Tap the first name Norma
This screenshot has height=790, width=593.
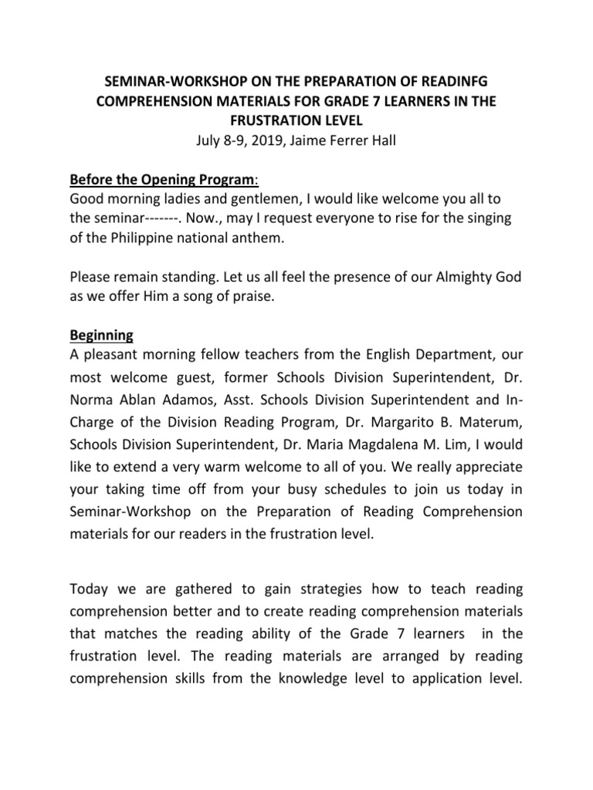(x=92, y=403)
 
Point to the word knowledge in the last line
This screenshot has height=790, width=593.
(x=318, y=681)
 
